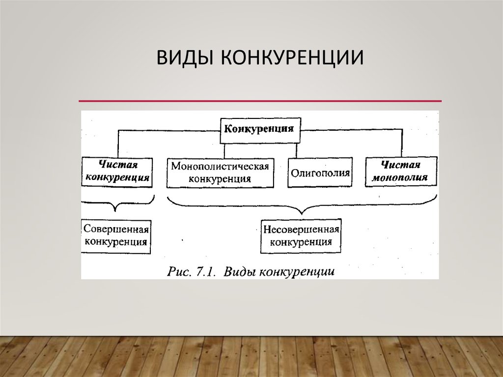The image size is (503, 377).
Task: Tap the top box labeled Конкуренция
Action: pos(260,130)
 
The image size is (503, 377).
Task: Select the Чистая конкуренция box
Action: pos(117,172)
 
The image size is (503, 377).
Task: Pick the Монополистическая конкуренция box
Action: pos(220,173)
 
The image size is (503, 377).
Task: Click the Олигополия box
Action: pos(320,173)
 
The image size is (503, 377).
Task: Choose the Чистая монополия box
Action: pos(401,172)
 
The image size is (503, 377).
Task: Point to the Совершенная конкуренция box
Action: pos(116,236)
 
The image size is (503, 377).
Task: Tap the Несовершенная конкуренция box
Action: pos(301,236)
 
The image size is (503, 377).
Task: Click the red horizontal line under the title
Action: pos(260,101)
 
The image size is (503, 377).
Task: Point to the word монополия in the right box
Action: pos(400,177)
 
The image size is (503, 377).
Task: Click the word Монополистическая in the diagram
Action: pos(220,166)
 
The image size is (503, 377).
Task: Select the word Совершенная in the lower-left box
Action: pos(116,230)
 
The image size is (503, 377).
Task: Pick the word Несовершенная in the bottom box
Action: pos(301,230)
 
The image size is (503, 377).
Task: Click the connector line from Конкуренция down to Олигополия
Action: pos(297,150)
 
